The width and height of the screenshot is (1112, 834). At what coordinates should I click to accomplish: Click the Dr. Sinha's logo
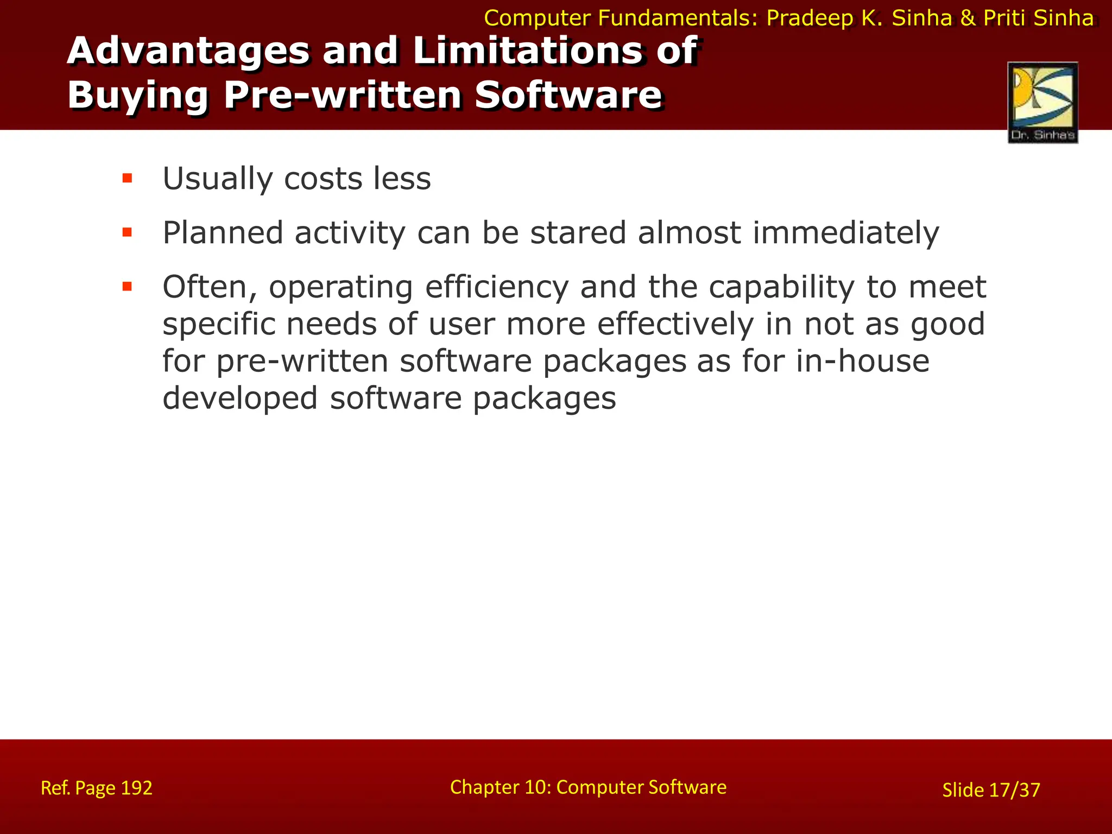coord(1042,102)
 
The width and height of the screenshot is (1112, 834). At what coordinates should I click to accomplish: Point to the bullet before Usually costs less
coord(128,179)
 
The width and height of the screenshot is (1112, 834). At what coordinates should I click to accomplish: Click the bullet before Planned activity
coord(128,233)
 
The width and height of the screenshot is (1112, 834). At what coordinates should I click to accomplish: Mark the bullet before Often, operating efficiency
coord(128,287)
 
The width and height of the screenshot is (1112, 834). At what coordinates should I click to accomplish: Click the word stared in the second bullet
coord(578,233)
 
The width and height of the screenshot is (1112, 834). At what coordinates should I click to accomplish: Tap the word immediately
coord(845,234)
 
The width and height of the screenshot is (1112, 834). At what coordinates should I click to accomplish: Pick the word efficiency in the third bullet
coord(497,288)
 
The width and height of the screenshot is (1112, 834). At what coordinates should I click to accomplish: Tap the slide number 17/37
coord(1014,790)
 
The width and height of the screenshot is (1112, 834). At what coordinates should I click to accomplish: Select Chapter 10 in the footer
coord(500,787)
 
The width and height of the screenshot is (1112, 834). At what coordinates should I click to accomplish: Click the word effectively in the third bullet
coord(675,325)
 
